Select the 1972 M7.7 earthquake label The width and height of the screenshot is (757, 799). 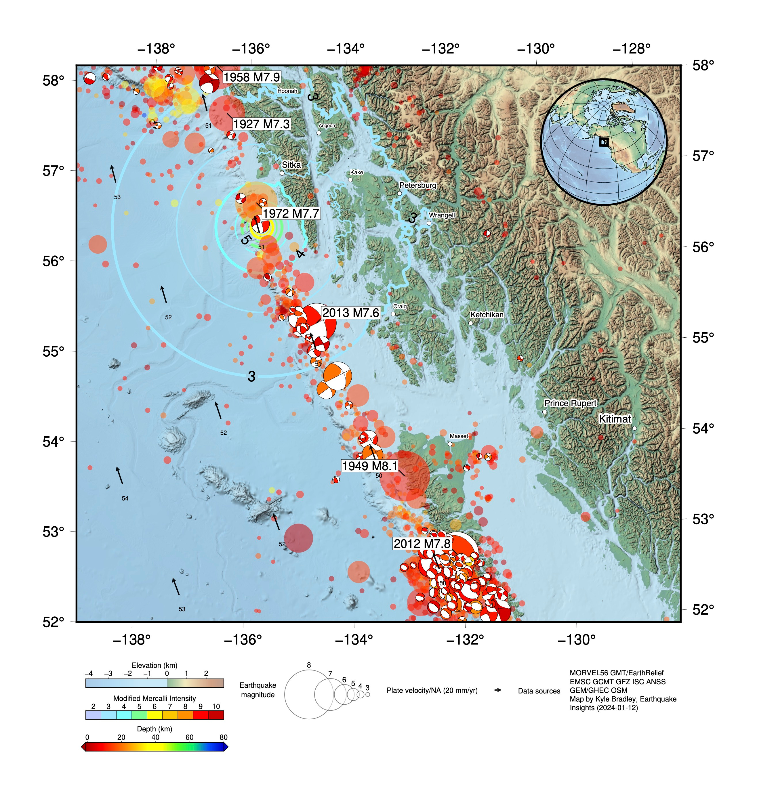coord(291,213)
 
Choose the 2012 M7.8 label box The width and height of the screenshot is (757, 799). coord(422,544)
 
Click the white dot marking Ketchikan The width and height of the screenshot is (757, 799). coord(470,323)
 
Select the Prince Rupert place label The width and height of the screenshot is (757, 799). coord(570,403)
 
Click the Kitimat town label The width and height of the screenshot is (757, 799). coord(615,419)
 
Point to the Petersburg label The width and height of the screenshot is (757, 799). coord(418,185)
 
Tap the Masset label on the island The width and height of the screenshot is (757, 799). coord(459,436)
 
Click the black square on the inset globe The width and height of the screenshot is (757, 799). coord(604,142)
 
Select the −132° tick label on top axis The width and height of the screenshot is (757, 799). coord(441,49)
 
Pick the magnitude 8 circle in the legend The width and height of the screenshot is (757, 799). coord(309,694)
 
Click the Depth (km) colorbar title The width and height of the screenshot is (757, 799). coord(155,729)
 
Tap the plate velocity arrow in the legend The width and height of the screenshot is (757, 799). coord(498,690)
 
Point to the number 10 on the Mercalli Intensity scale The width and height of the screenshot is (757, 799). coord(216,706)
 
